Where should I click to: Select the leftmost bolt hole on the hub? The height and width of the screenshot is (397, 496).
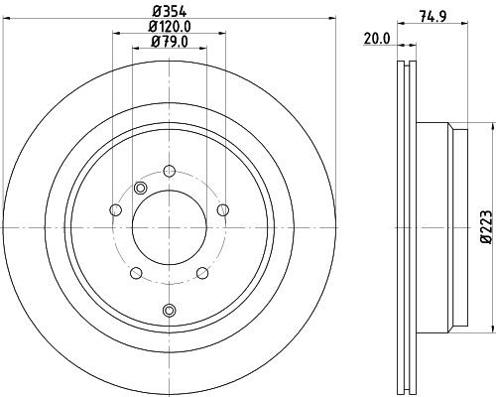pos(116,208)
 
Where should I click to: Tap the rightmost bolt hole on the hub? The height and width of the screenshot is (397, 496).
pos(223,208)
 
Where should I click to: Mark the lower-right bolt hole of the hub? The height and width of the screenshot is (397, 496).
pos(202,272)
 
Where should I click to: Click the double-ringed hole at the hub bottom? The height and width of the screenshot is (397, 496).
pos(170,311)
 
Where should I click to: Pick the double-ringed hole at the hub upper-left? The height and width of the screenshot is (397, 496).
pos(139,189)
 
